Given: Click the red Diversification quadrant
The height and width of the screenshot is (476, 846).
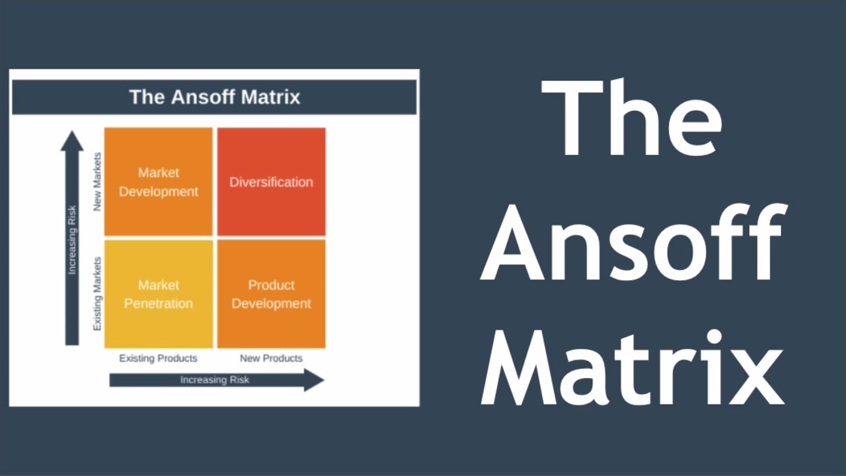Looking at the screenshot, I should coord(271,182).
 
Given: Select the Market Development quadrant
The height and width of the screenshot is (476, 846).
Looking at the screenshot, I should coord(159,182).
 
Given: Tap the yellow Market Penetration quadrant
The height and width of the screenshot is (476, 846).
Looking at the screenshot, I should coord(159,294).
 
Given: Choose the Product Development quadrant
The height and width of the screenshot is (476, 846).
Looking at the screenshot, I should coord(271,294).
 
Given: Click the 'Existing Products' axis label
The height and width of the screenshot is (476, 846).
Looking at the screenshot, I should coord(158,358).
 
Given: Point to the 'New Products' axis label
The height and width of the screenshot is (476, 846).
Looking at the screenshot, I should coord(271,358).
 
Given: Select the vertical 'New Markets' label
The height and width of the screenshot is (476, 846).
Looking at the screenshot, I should coord(97,182).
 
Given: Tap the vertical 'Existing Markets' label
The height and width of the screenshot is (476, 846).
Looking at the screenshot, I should coord(97,294).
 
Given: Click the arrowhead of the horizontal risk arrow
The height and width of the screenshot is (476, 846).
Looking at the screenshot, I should coord(314,380).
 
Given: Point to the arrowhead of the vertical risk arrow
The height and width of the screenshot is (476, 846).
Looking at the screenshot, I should coord(72,140).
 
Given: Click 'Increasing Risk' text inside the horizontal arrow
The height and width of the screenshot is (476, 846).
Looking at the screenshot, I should coord(214,380).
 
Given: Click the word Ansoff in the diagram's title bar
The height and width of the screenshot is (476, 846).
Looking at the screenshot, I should coord(202,97).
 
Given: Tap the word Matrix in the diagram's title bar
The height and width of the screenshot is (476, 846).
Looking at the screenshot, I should coord(270,97).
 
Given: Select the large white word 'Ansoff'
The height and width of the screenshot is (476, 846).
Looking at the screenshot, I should coord(634,241).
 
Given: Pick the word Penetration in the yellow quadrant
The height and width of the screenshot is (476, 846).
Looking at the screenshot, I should coord(159,304).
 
